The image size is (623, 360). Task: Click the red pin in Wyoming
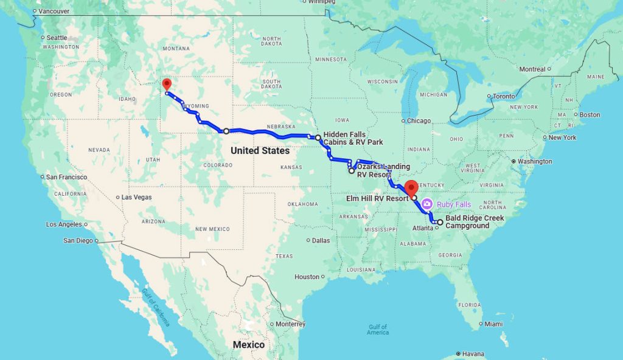pyautogui.click(x=167, y=85)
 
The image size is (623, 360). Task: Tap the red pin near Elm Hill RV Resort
pyautogui.click(x=411, y=186)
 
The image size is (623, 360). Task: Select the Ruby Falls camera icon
pyautogui.click(x=427, y=204)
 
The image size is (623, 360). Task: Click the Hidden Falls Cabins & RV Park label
pyautogui.click(x=353, y=138)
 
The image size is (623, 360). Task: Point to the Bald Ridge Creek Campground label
pyautogui.click(x=475, y=222)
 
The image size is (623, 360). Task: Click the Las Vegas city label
pyautogui.click(x=137, y=197)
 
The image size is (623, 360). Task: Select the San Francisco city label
pyautogui.click(x=67, y=177)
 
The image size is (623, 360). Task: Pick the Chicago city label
pyautogui.click(x=419, y=120)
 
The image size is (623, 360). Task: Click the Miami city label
pyautogui.click(x=493, y=324)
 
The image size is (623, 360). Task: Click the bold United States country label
pyautogui.click(x=260, y=150)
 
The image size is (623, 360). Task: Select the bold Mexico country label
pyautogui.click(x=249, y=345)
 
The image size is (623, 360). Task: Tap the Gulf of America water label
pyautogui.click(x=377, y=330)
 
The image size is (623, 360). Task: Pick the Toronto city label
pyautogui.click(x=504, y=96)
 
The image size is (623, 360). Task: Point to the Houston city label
pyautogui.click(x=307, y=277)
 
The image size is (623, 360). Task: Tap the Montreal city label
pyautogui.click(x=532, y=69)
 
